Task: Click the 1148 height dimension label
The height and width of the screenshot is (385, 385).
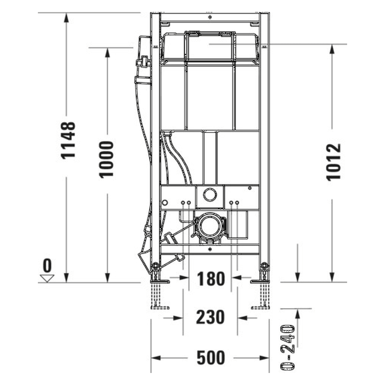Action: pyautogui.click(x=68, y=140)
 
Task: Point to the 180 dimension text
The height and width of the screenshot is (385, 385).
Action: pyautogui.click(x=211, y=279)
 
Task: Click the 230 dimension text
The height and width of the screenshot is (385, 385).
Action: pyautogui.click(x=210, y=317)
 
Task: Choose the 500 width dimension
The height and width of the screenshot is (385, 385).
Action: pyautogui.click(x=211, y=358)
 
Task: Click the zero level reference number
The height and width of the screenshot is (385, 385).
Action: pyautogui.click(x=47, y=266)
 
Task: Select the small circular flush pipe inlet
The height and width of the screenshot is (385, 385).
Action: pyautogui.click(x=210, y=194)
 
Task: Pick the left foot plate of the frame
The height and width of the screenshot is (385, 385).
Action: pyautogui.click(x=160, y=282)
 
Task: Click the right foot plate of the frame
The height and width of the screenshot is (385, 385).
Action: pyautogui.click(x=259, y=282)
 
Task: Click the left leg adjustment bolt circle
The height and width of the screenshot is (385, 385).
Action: pyautogui.click(x=156, y=266)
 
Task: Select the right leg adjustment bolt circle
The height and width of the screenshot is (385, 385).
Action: pyautogui.click(x=264, y=266)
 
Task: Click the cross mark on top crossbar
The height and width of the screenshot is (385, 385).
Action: pyautogui.click(x=210, y=17)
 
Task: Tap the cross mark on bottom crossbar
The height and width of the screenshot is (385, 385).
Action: pyautogui.click(x=210, y=249)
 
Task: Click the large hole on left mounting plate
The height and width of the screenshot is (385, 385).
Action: pyautogui.click(x=165, y=203)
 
